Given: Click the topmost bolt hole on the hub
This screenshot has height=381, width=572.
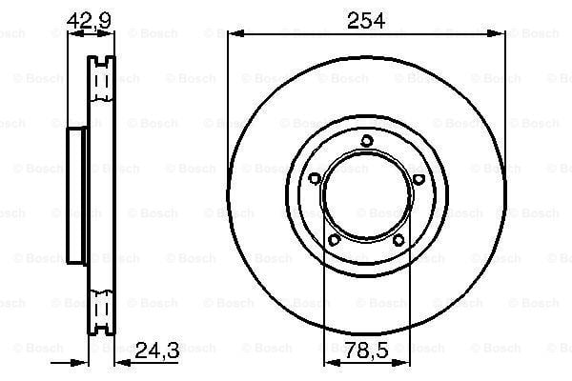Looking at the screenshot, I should click(x=366, y=143).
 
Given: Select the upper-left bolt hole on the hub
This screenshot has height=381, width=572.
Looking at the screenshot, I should click(x=316, y=177).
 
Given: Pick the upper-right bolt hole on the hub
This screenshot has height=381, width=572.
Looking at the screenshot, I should click(x=417, y=177).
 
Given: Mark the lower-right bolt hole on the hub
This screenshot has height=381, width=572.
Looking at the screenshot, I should click(x=398, y=240).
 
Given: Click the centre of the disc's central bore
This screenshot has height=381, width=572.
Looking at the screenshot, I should click(x=366, y=197).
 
